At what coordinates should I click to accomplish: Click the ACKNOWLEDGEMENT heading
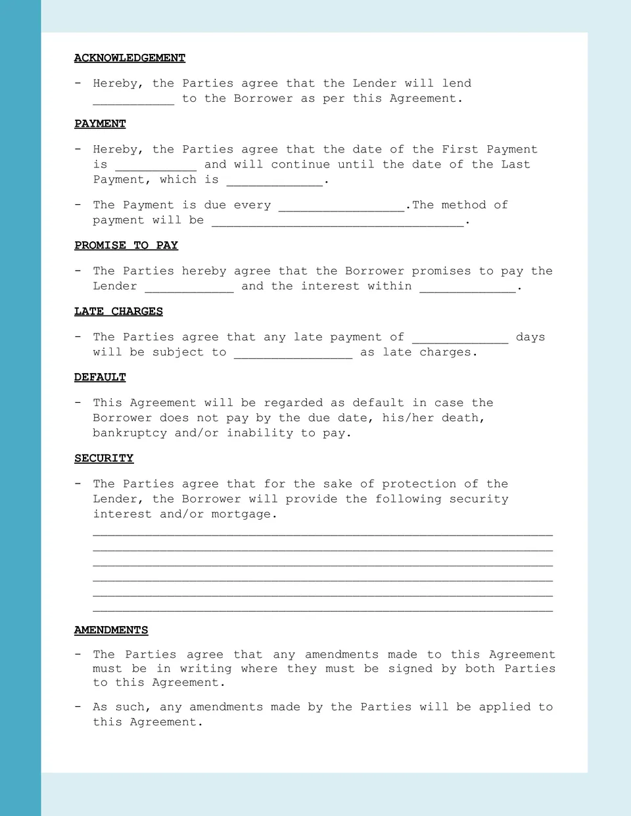129,58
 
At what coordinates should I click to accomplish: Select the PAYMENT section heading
100,124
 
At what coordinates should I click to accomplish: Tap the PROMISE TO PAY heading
126,245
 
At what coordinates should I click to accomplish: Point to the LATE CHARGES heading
118,311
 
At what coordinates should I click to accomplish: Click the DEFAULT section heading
100,377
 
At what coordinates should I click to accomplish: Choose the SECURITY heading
104,458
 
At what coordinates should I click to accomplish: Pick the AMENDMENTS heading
111,630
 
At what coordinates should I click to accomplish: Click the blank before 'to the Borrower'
133,100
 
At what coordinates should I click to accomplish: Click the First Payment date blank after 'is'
156,166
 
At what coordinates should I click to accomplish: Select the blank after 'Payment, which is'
275,181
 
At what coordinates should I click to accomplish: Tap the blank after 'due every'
341,206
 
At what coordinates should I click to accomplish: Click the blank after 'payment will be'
338,221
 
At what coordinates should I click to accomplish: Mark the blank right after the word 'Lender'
189,287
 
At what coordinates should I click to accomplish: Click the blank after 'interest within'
467,287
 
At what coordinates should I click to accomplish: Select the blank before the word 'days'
460,338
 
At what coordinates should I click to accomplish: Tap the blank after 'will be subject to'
293,353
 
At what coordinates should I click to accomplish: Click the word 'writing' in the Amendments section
206,669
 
